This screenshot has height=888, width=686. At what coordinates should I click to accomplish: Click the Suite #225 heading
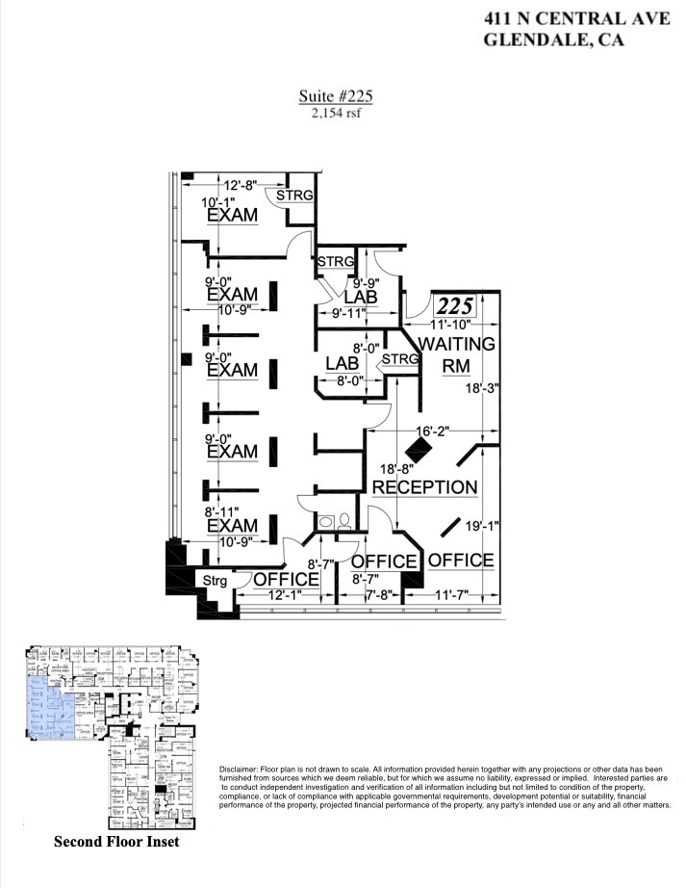pyautogui.click(x=336, y=95)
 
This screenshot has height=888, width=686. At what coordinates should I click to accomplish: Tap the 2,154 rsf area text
pyautogui.click(x=336, y=113)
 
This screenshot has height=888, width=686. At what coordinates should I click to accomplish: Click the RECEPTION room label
pyautogui.click(x=424, y=486)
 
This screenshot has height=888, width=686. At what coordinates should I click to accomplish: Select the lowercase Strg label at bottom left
pyautogui.click(x=215, y=580)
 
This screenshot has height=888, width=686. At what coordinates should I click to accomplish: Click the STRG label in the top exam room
pyautogui.click(x=294, y=196)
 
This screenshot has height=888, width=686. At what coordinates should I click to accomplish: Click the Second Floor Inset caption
pyautogui.click(x=116, y=841)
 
